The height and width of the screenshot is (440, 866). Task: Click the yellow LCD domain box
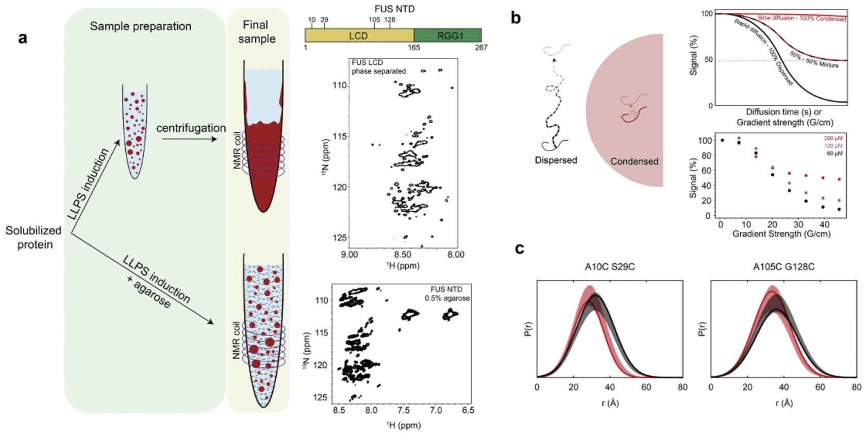(359, 36)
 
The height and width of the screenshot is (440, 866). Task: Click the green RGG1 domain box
(447, 36)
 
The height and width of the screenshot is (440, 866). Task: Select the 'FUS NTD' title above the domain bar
(394, 9)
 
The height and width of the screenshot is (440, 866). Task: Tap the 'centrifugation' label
(191, 128)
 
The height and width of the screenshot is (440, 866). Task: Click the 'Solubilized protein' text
(34, 237)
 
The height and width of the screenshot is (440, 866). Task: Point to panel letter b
(515, 18)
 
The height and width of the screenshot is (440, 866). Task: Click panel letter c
(520, 248)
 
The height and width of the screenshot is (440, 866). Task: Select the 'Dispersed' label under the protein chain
(556, 160)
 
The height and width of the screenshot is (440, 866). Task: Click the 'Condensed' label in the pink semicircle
(634, 161)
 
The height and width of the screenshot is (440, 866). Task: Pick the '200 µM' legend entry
(833, 139)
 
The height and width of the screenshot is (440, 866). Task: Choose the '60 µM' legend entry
(835, 154)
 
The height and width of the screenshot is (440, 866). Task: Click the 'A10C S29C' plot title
(610, 266)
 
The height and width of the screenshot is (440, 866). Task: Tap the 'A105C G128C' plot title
(784, 266)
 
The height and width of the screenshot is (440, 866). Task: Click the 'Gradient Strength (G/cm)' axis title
(781, 234)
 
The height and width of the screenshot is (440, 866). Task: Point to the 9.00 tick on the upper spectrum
(349, 254)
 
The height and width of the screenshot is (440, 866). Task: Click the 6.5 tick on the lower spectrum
(468, 410)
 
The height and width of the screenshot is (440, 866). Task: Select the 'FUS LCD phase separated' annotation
(378, 66)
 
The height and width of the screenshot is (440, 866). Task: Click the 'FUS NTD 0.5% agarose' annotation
(447, 294)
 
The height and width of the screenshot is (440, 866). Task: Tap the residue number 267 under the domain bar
(481, 47)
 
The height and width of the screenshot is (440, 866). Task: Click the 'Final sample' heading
(256, 31)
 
